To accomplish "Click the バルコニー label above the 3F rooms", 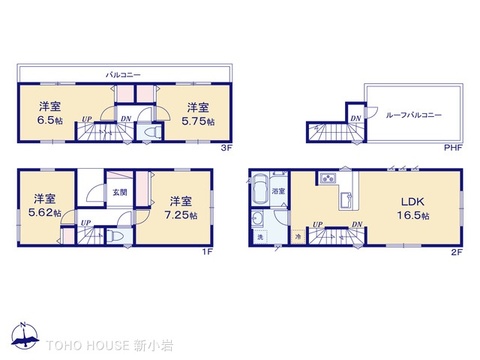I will (x=123, y=74).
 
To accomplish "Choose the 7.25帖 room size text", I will (x=180, y=213).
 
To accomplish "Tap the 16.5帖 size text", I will (x=411, y=215).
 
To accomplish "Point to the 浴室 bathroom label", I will (x=281, y=190).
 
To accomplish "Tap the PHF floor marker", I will (x=454, y=149).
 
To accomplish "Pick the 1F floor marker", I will (x=207, y=251).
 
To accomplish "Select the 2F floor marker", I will (x=455, y=251).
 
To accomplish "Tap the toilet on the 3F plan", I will (x=151, y=136).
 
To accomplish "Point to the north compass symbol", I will (x=21, y=336).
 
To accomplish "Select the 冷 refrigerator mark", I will (x=298, y=234).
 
